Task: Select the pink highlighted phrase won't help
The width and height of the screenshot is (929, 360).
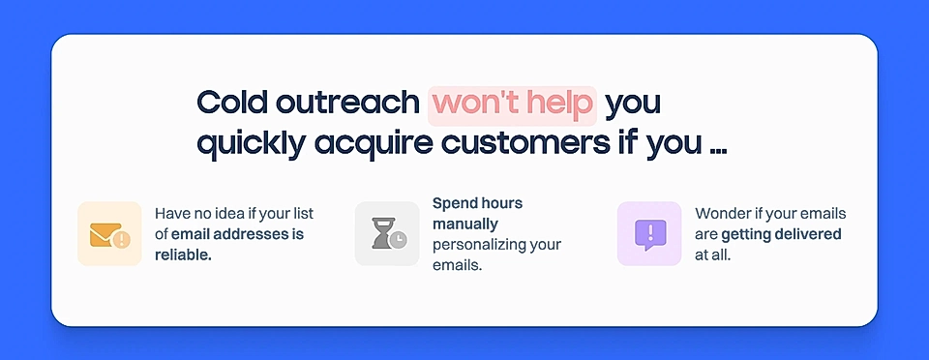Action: pyautogui.click(x=513, y=103)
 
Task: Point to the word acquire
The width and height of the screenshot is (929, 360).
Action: pyautogui.click(x=373, y=142)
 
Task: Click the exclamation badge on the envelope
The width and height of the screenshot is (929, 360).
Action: pyautogui.click(x=121, y=239)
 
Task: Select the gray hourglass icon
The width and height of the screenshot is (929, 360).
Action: pyautogui.click(x=381, y=232)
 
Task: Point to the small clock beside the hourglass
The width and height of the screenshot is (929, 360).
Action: pyautogui.click(x=399, y=239)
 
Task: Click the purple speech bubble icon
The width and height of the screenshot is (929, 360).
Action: pyautogui.click(x=649, y=233)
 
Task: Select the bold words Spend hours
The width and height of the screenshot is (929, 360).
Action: pyautogui.click(x=477, y=203)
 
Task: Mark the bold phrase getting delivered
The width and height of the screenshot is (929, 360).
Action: pyautogui.click(x=781, y=234)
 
